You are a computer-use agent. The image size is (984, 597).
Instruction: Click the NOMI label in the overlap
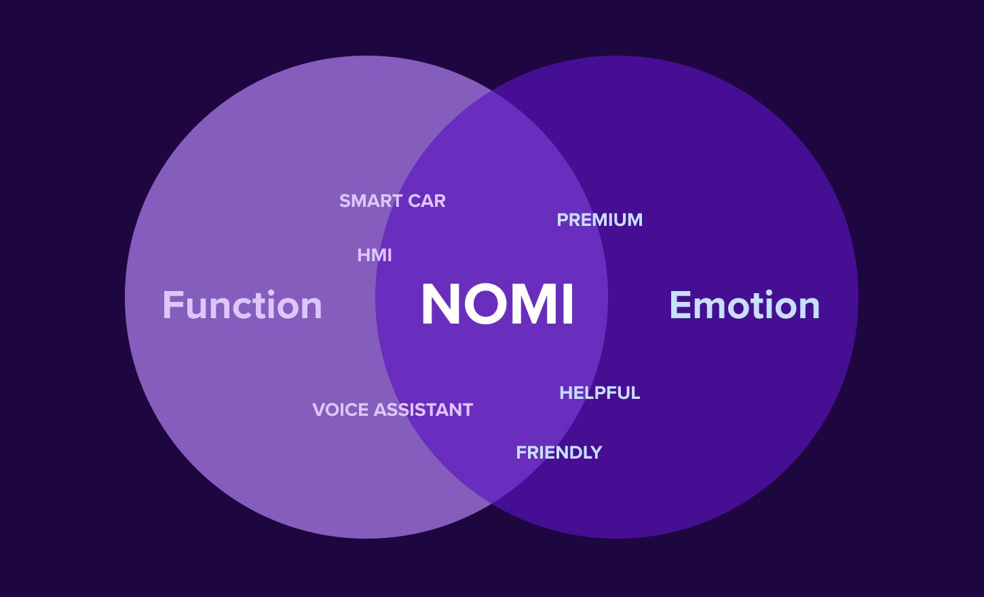click(x=497, y=304)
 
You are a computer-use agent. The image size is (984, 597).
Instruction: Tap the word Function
click(x=242, y=305)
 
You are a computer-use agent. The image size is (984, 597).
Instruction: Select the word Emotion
click(x=744, y=305)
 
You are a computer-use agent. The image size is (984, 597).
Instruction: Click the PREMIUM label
click(x=600, y=220)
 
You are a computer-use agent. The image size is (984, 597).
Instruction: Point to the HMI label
click(x=375, y=255)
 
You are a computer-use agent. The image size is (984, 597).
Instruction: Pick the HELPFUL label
click(x=600, y=393)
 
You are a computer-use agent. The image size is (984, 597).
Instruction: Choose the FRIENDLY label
click(x=559, y=452)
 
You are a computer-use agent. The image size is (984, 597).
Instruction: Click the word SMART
click(x=371, y=201)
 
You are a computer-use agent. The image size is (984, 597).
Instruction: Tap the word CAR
click(x=427, y=201)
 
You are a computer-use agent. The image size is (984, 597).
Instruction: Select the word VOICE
click(x=341, y=410)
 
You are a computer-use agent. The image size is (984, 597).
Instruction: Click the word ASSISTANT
click(x=423, y=410)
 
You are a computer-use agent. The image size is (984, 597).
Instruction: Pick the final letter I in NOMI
click(x=568, y=304)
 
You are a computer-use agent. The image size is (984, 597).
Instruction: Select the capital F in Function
click(x=172, y=305)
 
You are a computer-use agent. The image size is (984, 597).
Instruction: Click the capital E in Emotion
click(x=679, y=305)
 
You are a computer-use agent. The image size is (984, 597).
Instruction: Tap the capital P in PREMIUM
click(x=563, y=220)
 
